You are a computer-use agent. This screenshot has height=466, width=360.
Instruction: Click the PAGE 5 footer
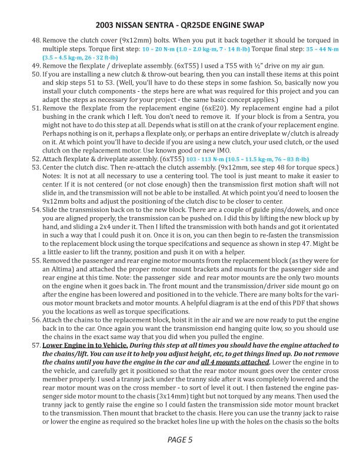[x=179, y=439]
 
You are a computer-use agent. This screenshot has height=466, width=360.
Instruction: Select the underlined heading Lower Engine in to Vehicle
[x=84, y=345]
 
